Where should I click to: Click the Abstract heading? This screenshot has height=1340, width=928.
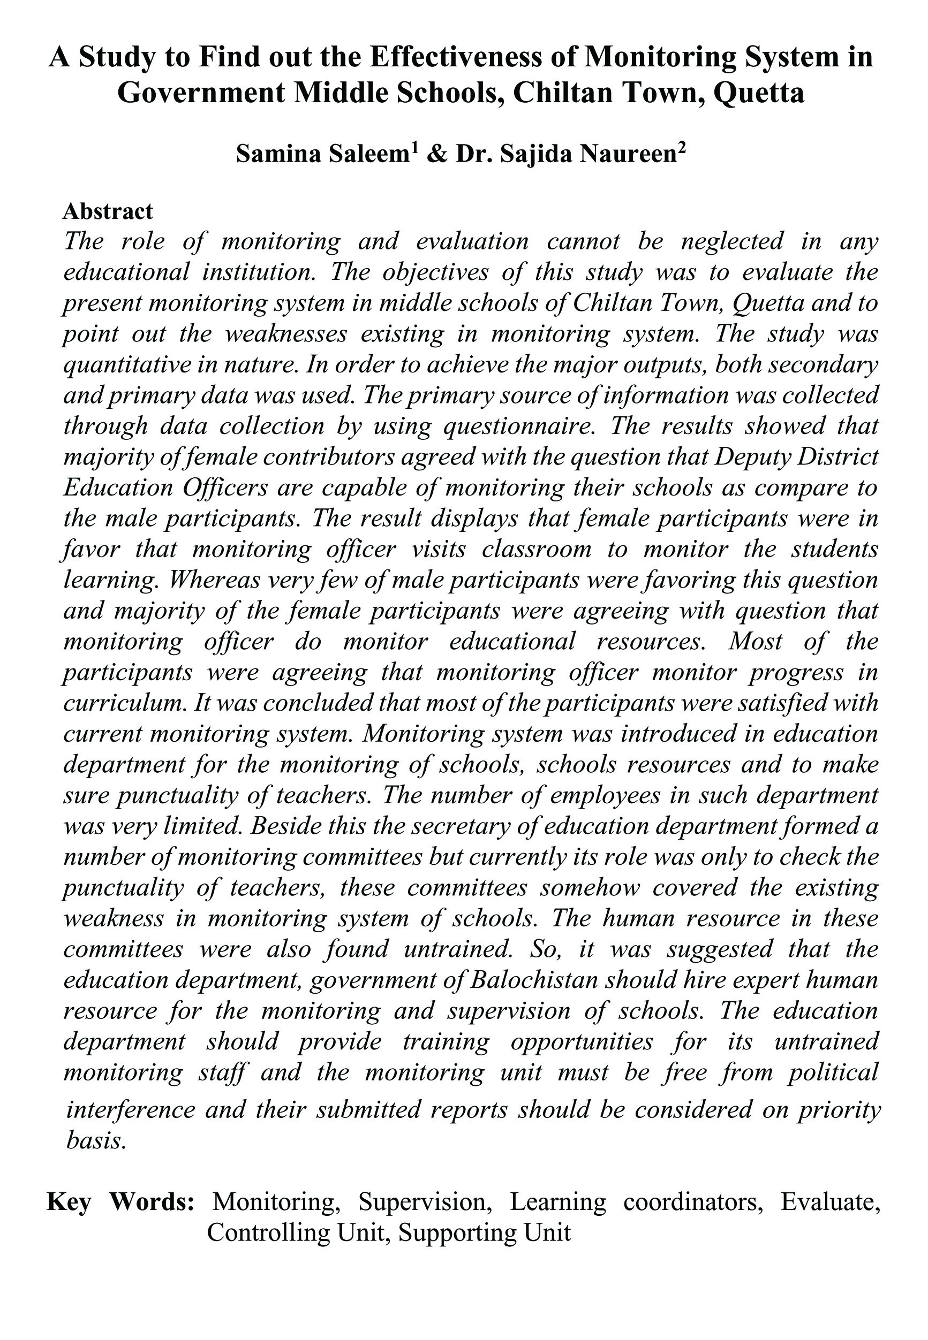(x=108, y=211)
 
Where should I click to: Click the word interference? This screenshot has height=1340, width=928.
(x=131, y=1108)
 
